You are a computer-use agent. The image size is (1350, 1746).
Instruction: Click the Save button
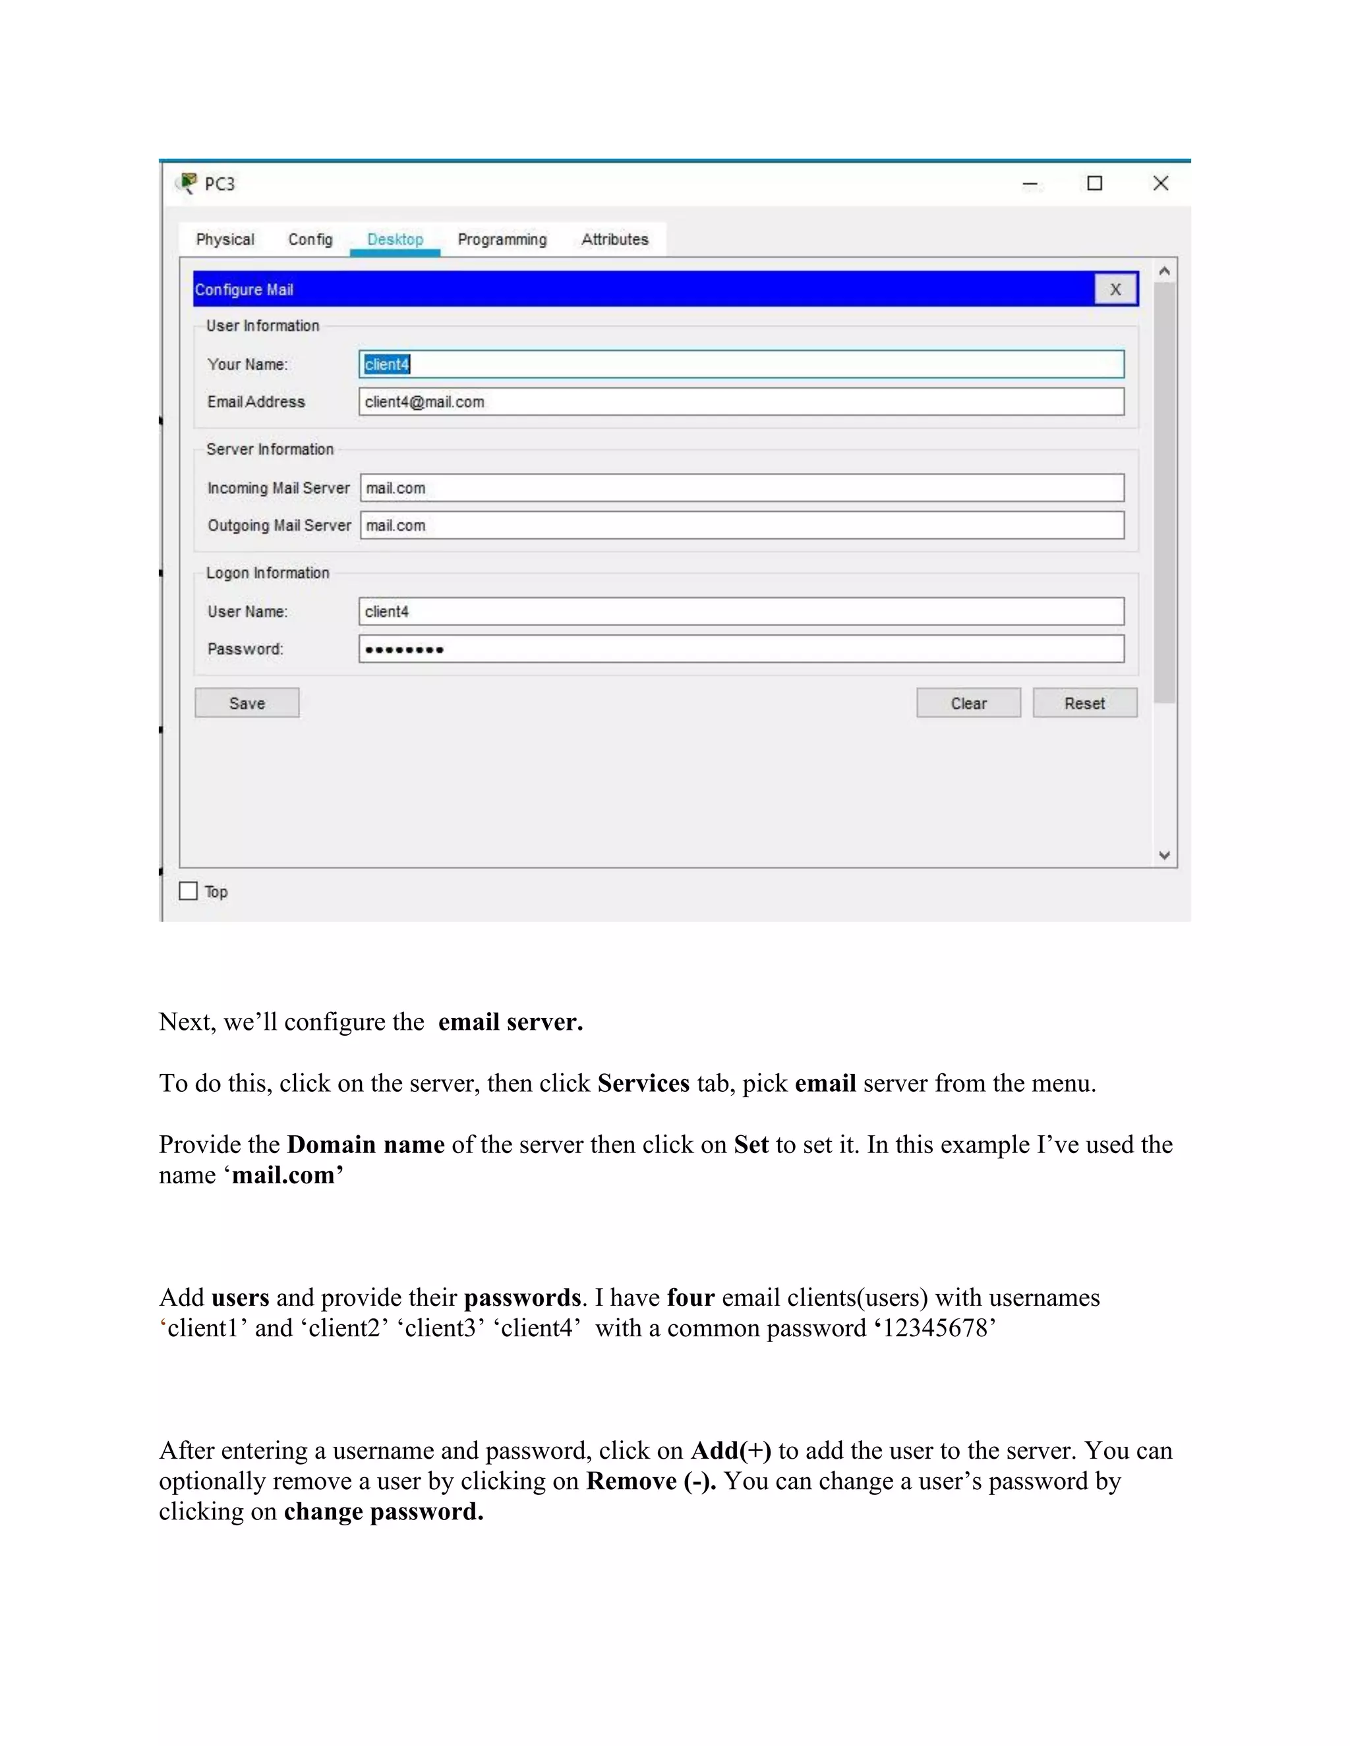click(247, 703)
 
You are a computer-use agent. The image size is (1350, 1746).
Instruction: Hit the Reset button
click(1084, 703)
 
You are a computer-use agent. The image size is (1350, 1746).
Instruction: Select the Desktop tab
click(395, 239)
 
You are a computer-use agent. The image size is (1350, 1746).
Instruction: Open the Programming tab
click(502, 239)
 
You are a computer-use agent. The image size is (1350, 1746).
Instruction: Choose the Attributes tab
click(614, 239)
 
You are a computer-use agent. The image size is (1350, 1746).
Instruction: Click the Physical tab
click(225, 239)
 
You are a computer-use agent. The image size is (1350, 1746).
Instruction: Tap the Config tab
click(310, 239)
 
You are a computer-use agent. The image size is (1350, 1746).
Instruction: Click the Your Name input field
click(742, 364)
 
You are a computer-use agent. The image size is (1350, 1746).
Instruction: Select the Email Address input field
click(742, 402)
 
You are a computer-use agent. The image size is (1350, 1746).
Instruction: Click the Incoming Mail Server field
click(742, 488)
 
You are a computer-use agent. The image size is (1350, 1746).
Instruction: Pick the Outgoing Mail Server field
click(742, 525)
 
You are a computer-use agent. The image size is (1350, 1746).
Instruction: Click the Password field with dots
click(742, 649)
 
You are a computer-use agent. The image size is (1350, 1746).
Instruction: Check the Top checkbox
click(189, 891)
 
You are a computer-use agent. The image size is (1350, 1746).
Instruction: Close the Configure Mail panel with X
click(1115, 289)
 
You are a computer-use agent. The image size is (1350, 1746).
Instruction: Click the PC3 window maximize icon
click(1094, 184)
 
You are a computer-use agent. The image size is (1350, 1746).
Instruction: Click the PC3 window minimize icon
click(1030, 184)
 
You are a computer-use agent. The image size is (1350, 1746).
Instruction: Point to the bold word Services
click(643, 1083)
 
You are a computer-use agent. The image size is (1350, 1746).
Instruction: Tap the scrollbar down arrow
click(1165, 855)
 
